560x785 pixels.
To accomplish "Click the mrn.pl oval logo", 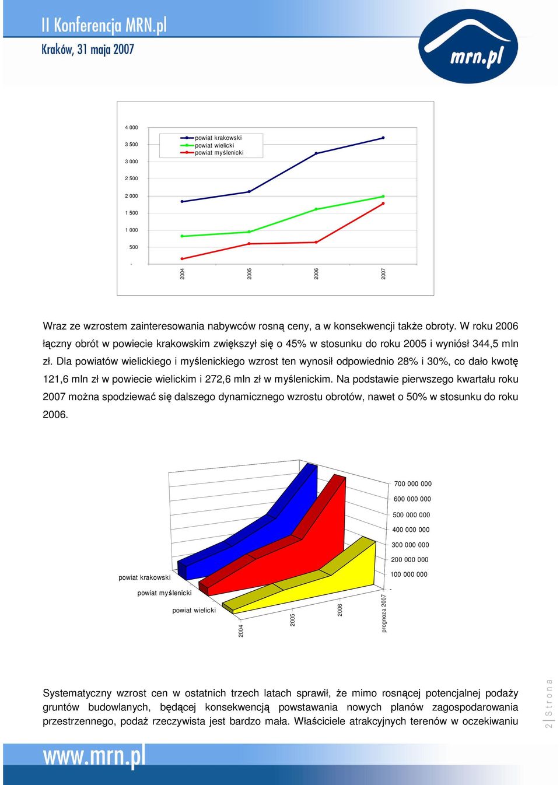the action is coord(467,46).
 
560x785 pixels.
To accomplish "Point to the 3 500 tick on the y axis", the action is coord(131,145).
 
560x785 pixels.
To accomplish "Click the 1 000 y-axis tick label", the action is coord(131,230).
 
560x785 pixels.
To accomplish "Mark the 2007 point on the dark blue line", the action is coord(383,138).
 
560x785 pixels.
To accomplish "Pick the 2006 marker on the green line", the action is coord(316,209).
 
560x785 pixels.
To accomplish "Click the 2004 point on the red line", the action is coord(182,258).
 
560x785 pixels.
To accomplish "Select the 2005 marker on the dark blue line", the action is coord(249,192).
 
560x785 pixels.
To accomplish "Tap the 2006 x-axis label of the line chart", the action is coord(316,274).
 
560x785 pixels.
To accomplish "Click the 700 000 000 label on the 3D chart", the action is coord(412,483).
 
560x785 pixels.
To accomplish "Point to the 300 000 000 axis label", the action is coord(409,545).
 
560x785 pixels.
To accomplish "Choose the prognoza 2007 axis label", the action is coord(384,613).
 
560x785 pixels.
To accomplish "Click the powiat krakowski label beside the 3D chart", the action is coord(145,577).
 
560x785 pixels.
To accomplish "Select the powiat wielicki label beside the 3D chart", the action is coord(194,610).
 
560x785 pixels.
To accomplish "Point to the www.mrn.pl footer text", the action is coord(94,759).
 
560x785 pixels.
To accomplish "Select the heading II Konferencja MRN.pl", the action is coord(104,26).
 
